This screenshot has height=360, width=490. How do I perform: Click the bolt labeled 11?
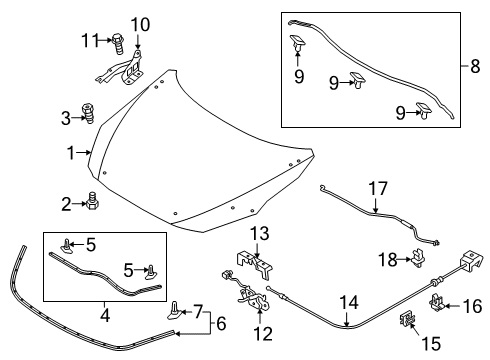[118, 43]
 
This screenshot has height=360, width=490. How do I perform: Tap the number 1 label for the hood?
[71, 153]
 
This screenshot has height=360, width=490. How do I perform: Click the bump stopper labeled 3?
[88, 114]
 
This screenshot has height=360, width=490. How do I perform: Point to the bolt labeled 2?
[92, 201]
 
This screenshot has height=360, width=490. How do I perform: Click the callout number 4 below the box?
[105, 315]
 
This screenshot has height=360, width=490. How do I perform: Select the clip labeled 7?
[175, 311]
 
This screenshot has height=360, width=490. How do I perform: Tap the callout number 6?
[221, 323]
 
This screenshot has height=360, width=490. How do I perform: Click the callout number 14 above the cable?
[349, 303]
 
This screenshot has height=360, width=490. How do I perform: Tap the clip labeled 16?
[436, 302]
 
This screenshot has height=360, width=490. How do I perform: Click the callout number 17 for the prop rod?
[378, 188]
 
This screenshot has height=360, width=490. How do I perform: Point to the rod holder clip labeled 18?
[419, 258]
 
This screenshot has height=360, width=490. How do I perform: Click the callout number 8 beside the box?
[475, 66]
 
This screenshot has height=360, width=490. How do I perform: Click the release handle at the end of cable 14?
[471, 258]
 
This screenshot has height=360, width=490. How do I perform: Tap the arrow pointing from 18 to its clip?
[405, 259]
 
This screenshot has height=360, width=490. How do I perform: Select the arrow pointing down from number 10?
[137, 41]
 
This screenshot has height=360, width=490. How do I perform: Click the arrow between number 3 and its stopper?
[78, 117]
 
